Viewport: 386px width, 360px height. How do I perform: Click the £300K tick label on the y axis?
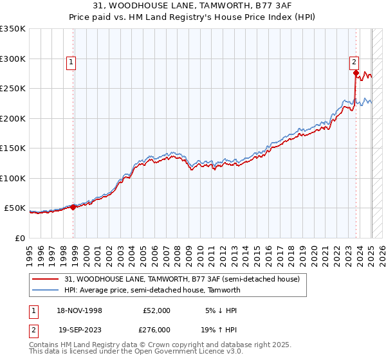13,59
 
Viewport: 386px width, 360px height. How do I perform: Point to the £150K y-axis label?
13,148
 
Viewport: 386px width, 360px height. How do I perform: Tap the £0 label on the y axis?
19,238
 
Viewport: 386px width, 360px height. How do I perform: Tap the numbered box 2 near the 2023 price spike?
354,62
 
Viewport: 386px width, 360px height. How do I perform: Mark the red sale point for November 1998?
73,207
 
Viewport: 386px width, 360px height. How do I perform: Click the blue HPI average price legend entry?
152,290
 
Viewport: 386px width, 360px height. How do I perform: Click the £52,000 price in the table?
156,310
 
